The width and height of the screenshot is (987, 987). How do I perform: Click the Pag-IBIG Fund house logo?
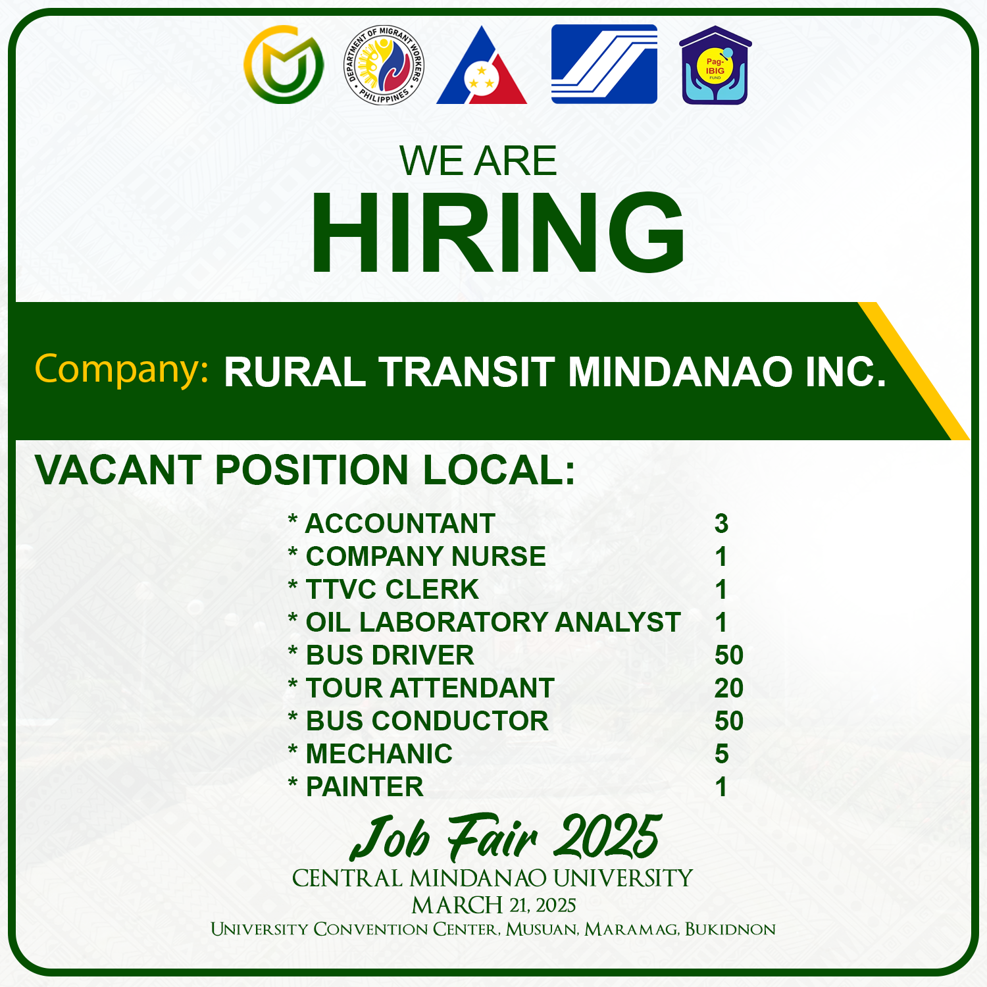(x=715, y=65)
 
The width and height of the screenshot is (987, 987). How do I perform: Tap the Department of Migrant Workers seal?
(x=384, y=65)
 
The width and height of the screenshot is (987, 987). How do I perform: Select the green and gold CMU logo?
(x=284, y=64)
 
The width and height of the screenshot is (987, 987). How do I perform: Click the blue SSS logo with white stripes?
(x=604, y=64)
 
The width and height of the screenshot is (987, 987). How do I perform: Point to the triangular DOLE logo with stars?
(x=482, y=66)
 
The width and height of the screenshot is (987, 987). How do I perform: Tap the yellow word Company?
(x=122, y=369)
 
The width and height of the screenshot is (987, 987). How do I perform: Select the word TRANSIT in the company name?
(x=467, y=372)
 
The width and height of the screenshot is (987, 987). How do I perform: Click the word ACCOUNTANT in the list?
(x=400, y=524)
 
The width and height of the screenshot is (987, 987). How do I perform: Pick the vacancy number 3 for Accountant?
(x=722, y=524)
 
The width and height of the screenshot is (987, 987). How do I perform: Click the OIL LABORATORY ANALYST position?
(x=493, y=622)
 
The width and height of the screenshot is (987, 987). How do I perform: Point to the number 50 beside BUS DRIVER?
(x=729, y=655)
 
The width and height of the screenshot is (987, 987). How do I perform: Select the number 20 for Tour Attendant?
(x=729, y=688)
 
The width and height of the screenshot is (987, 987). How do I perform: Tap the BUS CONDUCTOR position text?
(x=427, y=721)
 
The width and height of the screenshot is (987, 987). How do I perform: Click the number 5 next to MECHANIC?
(x=722, y=754)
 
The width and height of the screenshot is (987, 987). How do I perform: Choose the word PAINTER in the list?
(x=365, y=787)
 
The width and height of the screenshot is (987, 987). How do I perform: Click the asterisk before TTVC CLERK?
(x=293, y=584)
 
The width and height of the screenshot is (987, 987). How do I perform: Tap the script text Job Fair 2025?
(x=505, y=837)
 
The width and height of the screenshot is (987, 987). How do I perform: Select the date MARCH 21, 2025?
(x=493, y=905)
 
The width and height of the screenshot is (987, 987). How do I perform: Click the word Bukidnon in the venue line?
(x=730, y=929)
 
